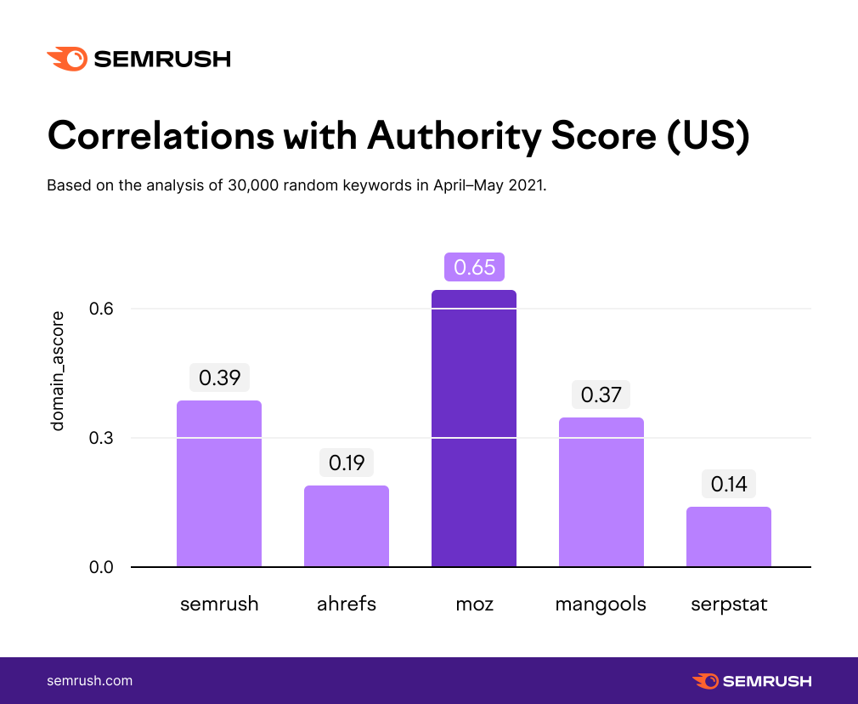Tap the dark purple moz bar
[x=474, y=429]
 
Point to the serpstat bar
[x=729, y=537]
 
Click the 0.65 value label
[x=474, y=267]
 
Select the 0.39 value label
[x=219, y=378]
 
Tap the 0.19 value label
[x=347, y=463]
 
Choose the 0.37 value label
[x=601, y=395]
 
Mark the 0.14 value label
[x=729, y=484]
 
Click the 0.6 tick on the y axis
[x=101, y=309]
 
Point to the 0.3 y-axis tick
[x=101, y=438]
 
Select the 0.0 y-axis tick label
[x=101, y=567]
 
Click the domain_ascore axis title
[x=58, y=371]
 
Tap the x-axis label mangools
[x=601, y=605]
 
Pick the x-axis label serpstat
[x=729, y=605]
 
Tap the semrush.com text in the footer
[x=90, y=681]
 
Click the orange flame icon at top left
[x=67, y=60]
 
